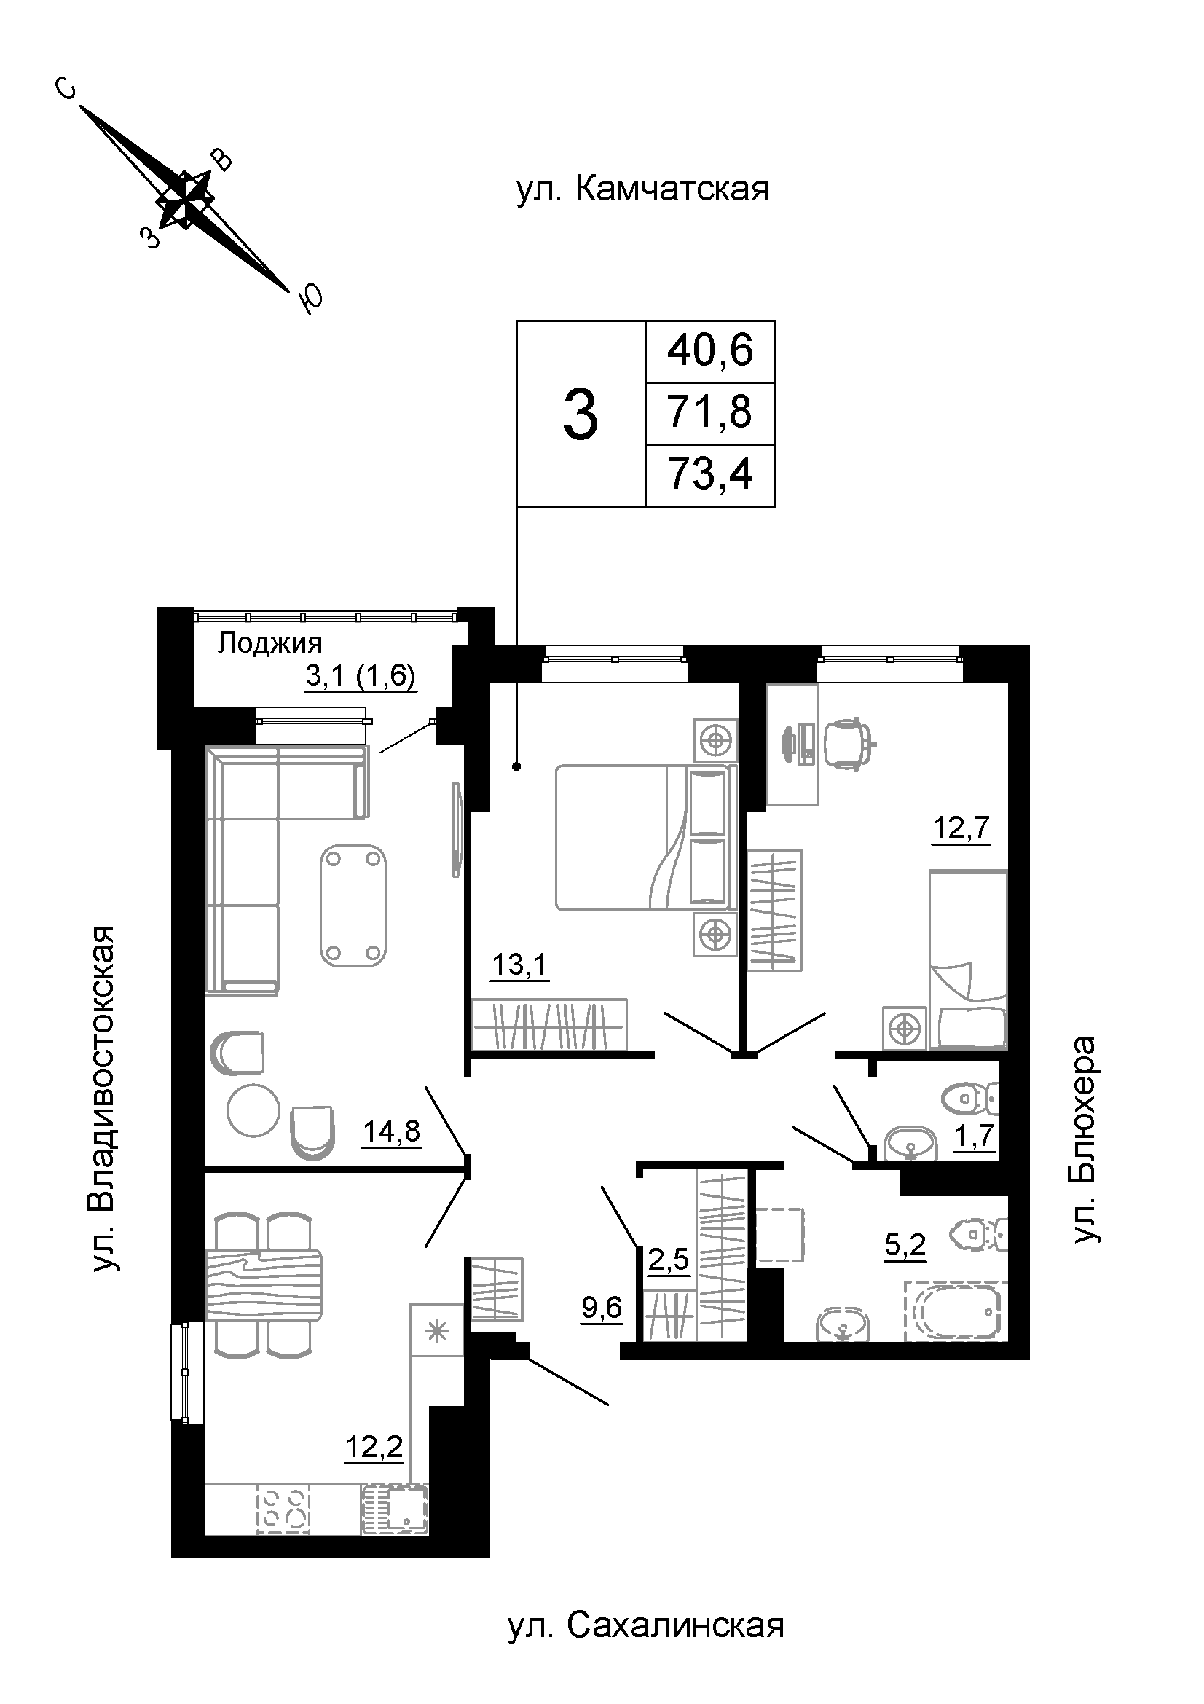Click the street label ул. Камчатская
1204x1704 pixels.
coord(642,189)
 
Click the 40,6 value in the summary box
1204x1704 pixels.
coord(710,350)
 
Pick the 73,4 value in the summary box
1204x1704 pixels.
coord(710,474)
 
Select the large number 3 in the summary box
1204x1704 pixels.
coord(581,415)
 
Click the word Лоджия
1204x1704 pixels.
coord(269,643)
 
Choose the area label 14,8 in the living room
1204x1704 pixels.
coord(392,1132)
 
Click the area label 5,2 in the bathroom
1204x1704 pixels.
coord(905,1245)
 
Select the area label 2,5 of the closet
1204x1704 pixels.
coord(669,1260)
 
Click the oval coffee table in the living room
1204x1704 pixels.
coord(354,906)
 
